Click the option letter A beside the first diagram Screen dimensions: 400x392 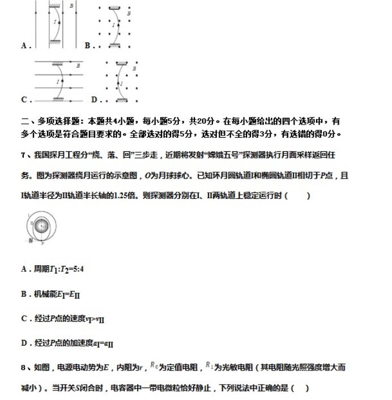point(24,45)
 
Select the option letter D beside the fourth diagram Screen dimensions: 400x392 point(93,100)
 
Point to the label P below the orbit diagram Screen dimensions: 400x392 point(42,242)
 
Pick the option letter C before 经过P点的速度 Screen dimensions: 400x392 point(24,318)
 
